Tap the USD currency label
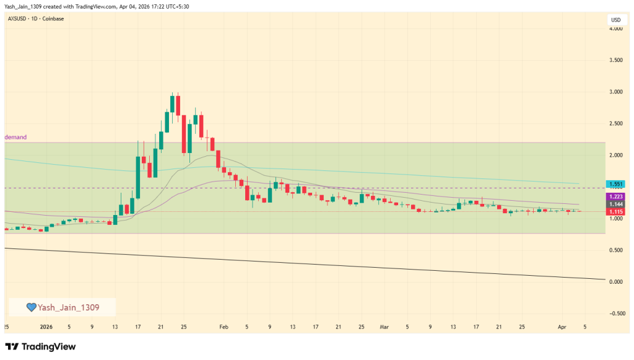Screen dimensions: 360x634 coord(615,20)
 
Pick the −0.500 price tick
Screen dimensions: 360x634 coord(614,314)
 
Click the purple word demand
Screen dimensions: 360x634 coord(16,137)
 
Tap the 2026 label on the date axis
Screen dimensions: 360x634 coord(46,326)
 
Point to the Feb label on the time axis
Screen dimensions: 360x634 coord(224,326)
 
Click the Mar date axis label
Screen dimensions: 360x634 coord(384,326)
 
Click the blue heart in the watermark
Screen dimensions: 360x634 coord(30,307)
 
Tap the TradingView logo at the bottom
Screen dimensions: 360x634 coord(40,346)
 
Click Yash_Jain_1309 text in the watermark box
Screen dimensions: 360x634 coord(68,307)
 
